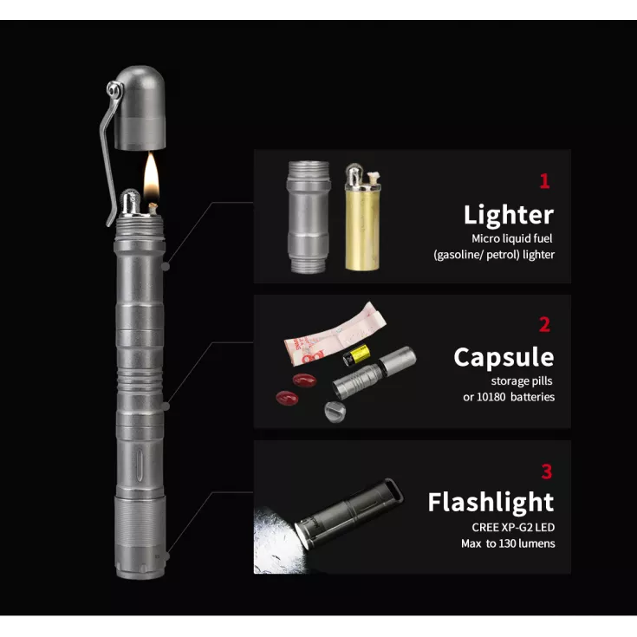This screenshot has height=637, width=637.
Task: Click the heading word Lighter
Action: click(x=509, y=215)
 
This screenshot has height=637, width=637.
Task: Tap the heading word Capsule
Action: click(x=504, y=357)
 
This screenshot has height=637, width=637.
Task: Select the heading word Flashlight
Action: click(x=491, y=502)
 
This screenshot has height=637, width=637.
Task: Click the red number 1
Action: click(x=545, y=181)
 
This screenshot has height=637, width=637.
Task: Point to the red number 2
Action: click(x=545, y=325)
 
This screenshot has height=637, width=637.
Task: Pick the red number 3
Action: click(x=547, y=471)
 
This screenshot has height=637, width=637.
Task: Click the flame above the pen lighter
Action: click(x=151, y=176)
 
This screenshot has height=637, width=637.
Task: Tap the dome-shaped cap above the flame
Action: click(x=140, y=107)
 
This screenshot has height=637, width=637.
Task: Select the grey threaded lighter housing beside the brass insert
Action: click(x=309, y=217)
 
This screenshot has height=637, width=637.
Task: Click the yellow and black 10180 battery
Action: click(x=356, y=355)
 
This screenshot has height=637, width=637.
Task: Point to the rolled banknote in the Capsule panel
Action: click(x=334, y=333)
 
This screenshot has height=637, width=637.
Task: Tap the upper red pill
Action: click(x=304, y=380)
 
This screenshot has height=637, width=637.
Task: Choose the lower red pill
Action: click(x=287, y=398)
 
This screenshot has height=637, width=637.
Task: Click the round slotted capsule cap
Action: click(x=335, y=412)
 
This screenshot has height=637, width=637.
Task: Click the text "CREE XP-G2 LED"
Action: click(x=513, y=527)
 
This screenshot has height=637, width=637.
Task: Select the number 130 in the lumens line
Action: click(x=508, y=543)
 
